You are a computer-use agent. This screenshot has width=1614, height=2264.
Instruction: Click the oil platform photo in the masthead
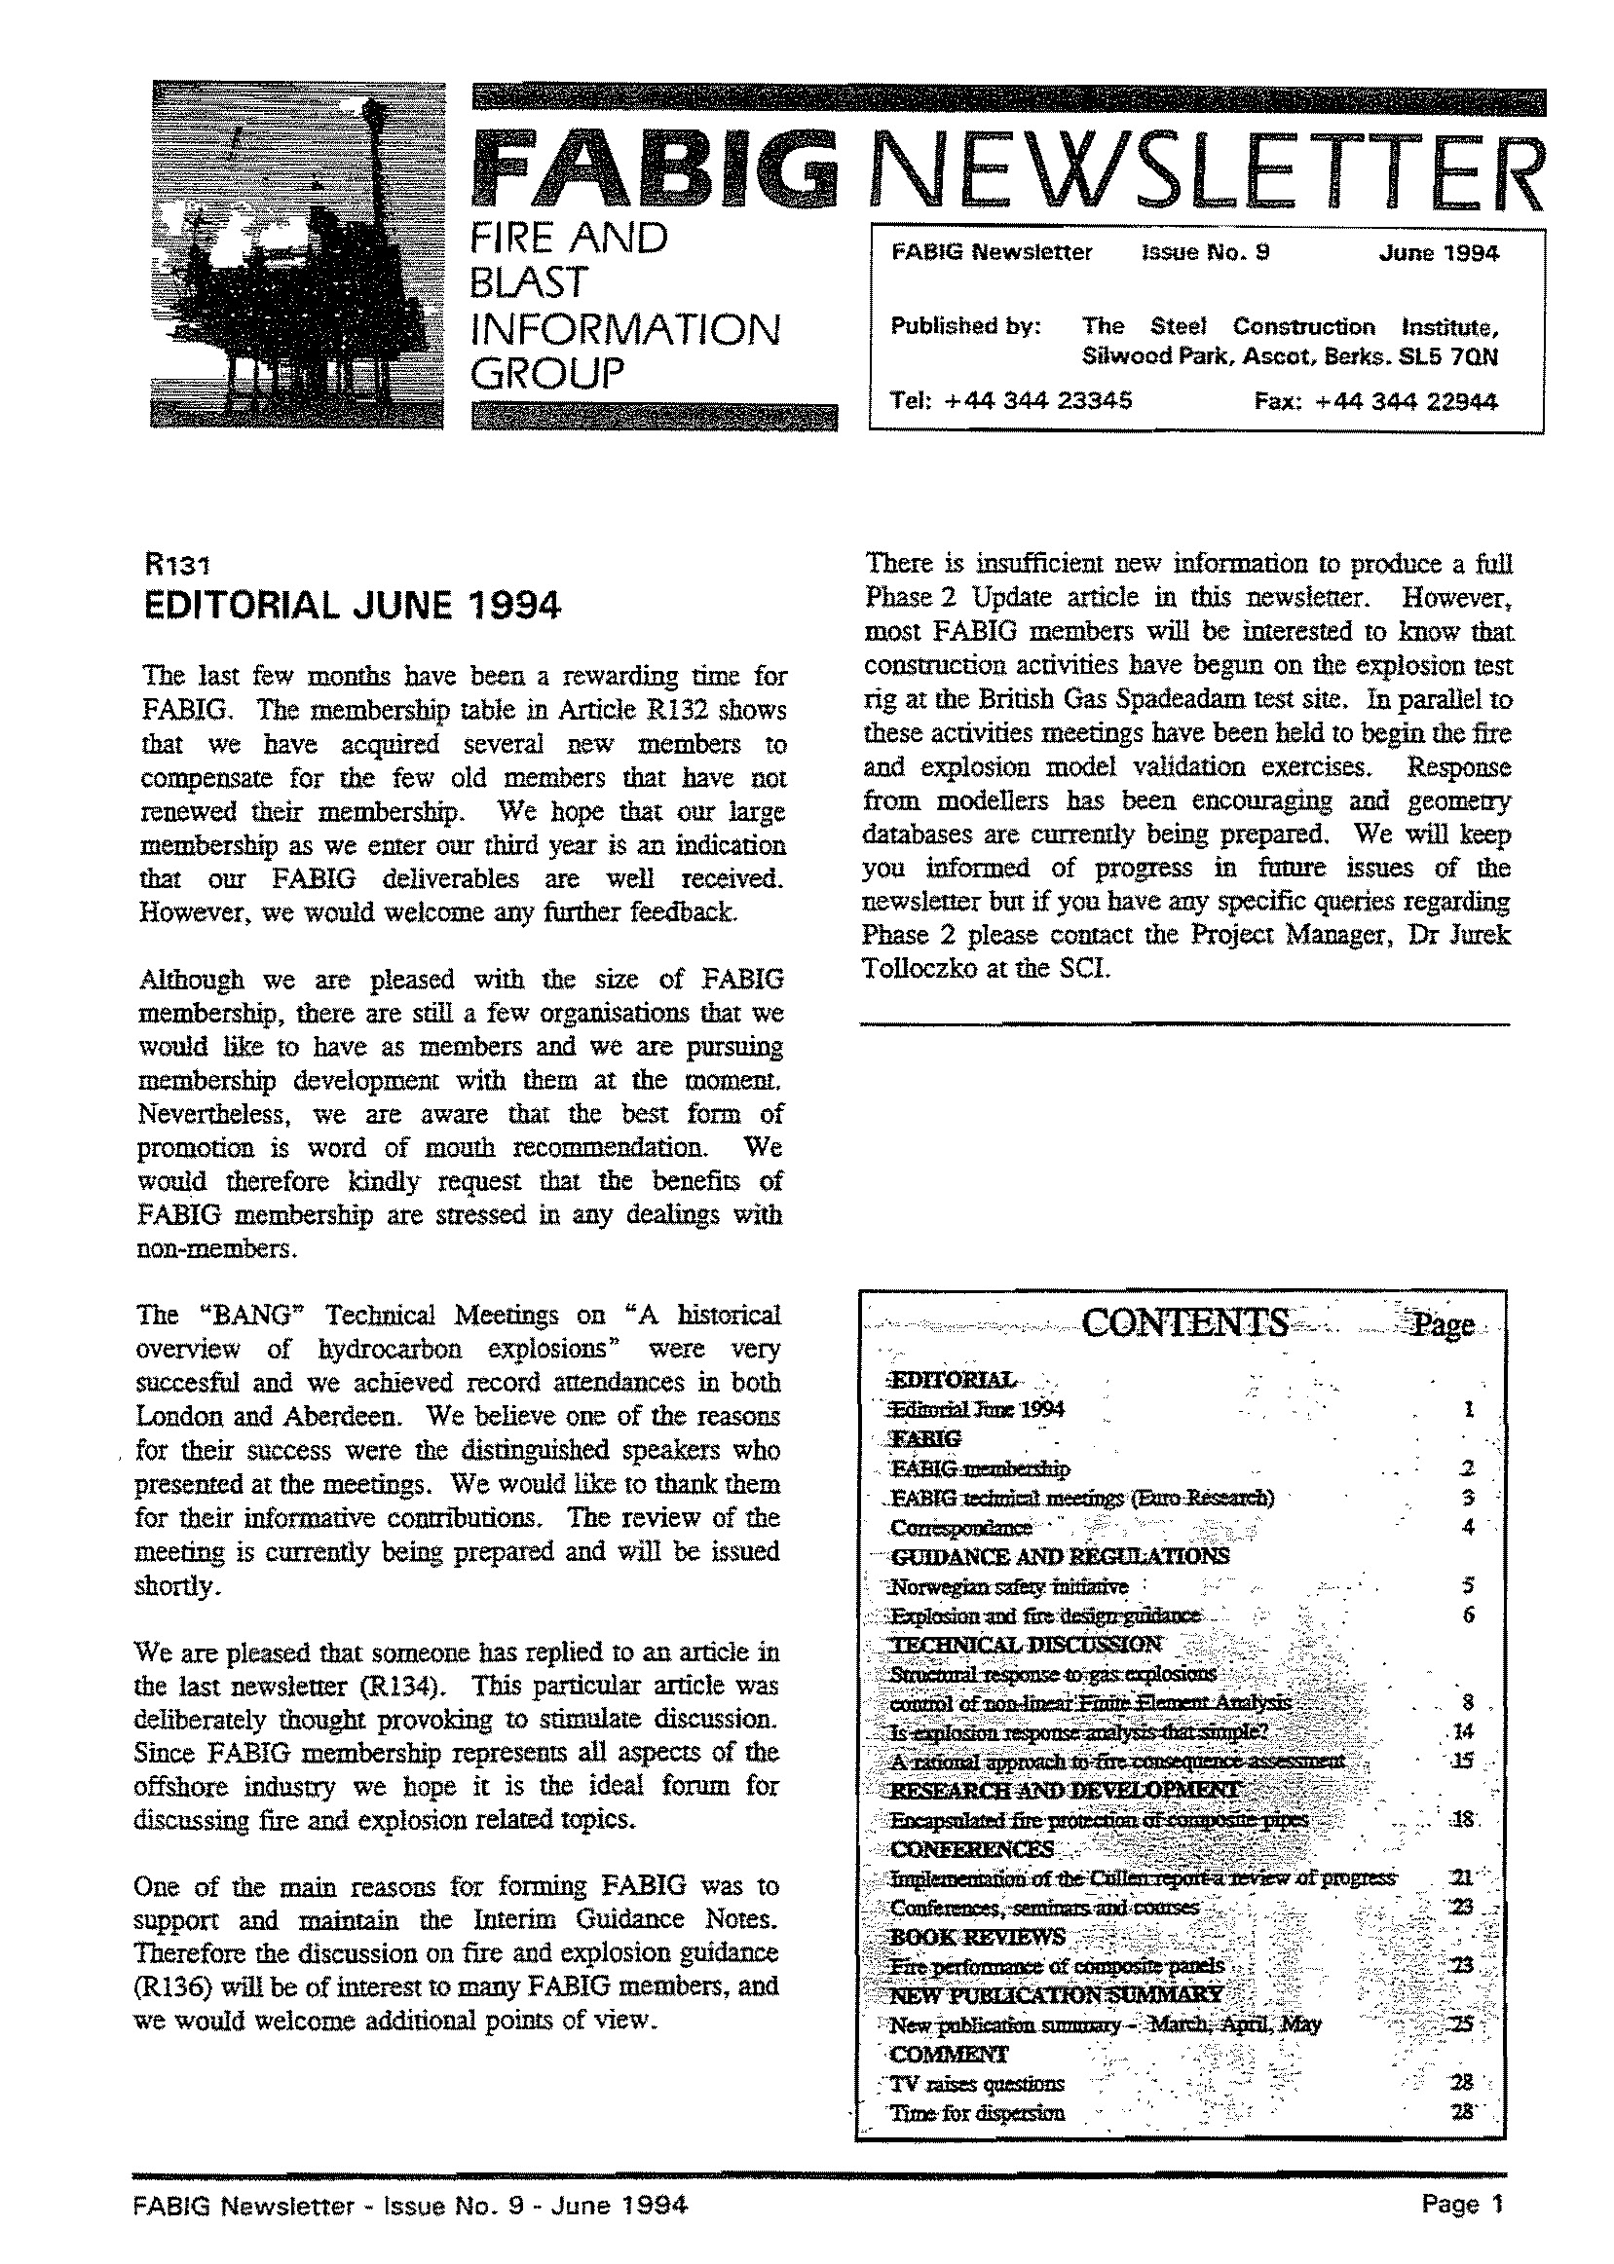tap(298, 254)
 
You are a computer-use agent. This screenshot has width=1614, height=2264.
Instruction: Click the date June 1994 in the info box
tap(1438, 252)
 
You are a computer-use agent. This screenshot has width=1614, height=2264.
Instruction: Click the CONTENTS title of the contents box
tap(1183, 1323)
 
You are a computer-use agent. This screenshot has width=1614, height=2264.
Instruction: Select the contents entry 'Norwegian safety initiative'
tap(1009, 1586)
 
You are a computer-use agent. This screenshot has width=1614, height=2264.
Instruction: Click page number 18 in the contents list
tap(1462, 1820)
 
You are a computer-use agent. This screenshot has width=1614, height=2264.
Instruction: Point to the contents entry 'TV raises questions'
tap(977, 2083)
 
